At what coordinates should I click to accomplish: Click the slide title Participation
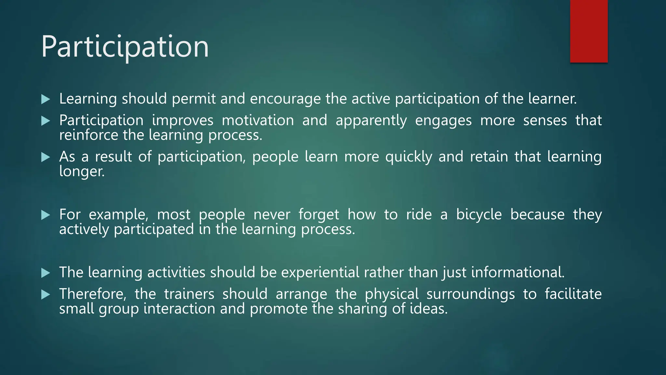click(125, 47)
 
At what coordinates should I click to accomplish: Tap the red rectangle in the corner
click(589, 31)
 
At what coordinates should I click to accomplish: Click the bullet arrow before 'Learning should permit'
click(46, 99)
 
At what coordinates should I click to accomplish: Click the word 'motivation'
click(258, 120)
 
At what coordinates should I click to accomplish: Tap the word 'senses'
click(545, 120)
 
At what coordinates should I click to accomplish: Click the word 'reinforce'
click(88, 135)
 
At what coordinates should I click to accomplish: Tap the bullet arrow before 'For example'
click(46, 215)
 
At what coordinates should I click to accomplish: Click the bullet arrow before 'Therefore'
click(46, 295)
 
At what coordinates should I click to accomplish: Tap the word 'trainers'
click(189, 294)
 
